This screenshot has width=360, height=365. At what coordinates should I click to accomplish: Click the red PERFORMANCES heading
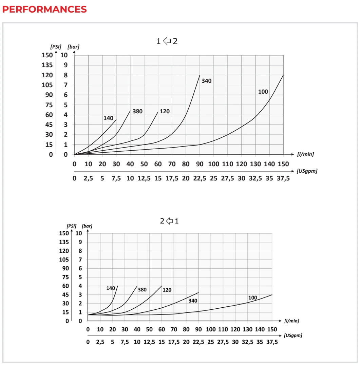click(44, 9)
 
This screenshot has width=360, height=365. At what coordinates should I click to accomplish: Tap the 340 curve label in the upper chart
click(206, 81)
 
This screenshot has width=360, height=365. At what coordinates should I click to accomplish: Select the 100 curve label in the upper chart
click(263, 92)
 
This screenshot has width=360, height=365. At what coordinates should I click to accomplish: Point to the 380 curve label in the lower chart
click(142, 290)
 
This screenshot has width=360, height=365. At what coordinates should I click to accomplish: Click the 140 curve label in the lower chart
click(111, 288)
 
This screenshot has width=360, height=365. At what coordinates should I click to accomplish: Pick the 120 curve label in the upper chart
click(165, 112)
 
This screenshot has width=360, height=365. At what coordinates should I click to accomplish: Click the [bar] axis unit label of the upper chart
click(73, 47)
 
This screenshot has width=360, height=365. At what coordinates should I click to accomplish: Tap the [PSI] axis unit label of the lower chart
click(72, 226)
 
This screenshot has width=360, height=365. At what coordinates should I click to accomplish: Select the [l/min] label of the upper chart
click(305, 154)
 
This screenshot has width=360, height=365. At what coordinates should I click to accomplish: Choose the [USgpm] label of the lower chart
click(293, 335)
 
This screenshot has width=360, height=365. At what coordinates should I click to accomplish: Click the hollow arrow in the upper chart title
click(167, 41)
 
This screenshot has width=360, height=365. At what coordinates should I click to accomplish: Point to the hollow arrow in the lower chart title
click(169, 221)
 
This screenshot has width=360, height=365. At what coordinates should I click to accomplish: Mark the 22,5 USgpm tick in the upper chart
click(200, 178)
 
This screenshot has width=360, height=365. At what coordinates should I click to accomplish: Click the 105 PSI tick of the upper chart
click(47, 85)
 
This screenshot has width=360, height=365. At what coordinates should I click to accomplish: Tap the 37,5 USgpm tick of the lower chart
click(272, 342)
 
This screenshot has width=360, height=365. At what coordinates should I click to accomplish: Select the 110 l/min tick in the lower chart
click(223, 329)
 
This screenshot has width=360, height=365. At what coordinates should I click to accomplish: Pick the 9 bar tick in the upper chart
click(66, 65)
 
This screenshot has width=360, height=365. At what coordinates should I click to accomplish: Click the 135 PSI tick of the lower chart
click(64, 242)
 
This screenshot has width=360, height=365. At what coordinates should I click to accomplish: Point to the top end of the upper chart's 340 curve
click(200, 75)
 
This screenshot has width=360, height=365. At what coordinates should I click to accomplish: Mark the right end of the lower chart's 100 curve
click(272, 295)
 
